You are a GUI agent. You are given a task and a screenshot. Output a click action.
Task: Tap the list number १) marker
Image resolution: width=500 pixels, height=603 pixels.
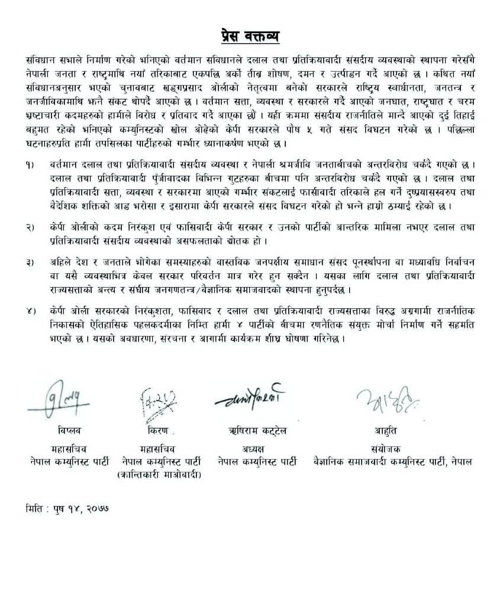(x=30, y=163)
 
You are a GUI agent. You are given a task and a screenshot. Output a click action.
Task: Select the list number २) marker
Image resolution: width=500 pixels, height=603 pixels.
(x=30, y=227)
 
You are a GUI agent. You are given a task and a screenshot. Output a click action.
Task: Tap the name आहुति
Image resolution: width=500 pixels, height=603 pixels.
(x=385, y=430)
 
